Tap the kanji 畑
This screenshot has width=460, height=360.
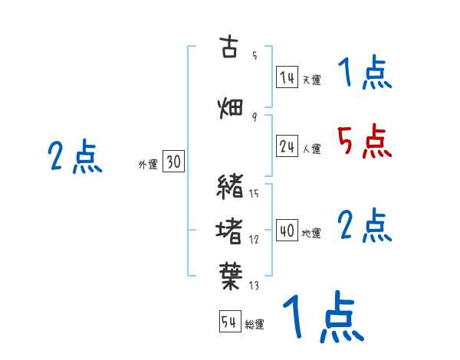pos(230,108)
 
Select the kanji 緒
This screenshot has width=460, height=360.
pos(230,186)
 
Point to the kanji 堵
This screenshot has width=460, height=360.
pos(230,229)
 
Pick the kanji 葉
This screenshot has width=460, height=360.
pos(230,273)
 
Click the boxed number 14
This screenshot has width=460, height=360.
pos(287,77)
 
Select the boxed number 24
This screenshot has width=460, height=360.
pos(287,146)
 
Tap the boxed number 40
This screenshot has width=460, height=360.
pos(287,231)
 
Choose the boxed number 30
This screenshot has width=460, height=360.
pos(174,162)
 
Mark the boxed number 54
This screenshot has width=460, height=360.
pos(229,322)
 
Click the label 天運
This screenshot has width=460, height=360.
pos(311,80)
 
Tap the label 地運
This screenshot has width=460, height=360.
pos(311,233)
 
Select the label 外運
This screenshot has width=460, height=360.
pos(148,164)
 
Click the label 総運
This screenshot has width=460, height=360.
pos(255,325)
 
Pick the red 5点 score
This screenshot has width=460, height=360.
pos(363,142)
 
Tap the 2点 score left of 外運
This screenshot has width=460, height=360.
pos(74,158)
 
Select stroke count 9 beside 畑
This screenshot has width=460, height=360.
pos(254,116)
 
